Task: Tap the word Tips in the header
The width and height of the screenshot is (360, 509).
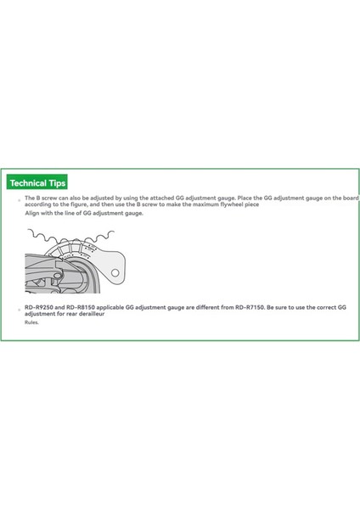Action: click(x=56, y=182)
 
